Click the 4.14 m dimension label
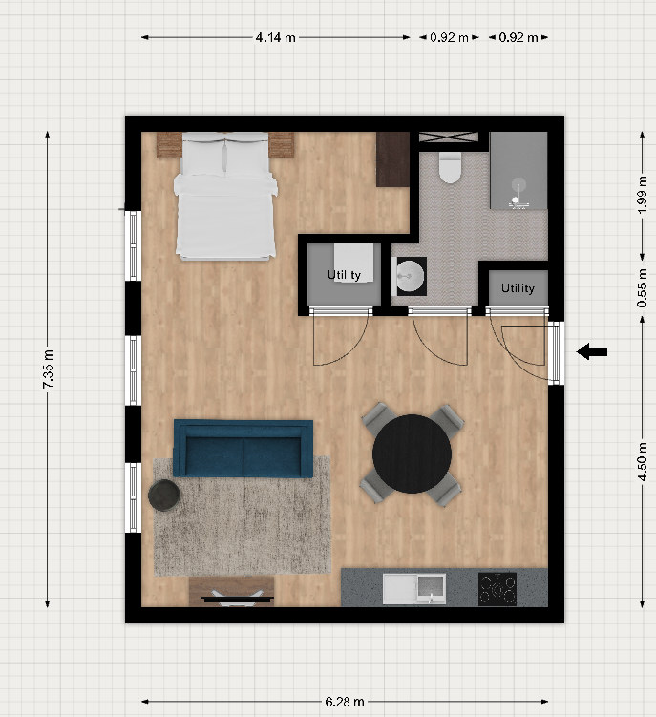coord(275,37)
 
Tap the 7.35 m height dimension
coord(48,369)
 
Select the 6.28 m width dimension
coord(345,702)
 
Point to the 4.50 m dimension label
coord(643,461)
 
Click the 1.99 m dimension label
coord(643,195)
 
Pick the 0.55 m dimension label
coord(643,287)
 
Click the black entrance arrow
coord(591,351)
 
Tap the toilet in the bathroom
coord(449,167)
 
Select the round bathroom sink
coord(411,276)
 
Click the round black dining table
coord(412,453)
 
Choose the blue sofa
coord(243,449)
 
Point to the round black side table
coord(164,495)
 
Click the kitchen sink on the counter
coord(414,589)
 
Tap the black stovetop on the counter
coord(497,589)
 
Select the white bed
coord(225,196)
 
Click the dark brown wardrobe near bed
coord(392,159)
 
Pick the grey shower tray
coord(518,170)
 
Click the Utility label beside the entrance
coord(518,288)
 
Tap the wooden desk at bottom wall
coord(231,591)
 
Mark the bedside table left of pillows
coord(169,144)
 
